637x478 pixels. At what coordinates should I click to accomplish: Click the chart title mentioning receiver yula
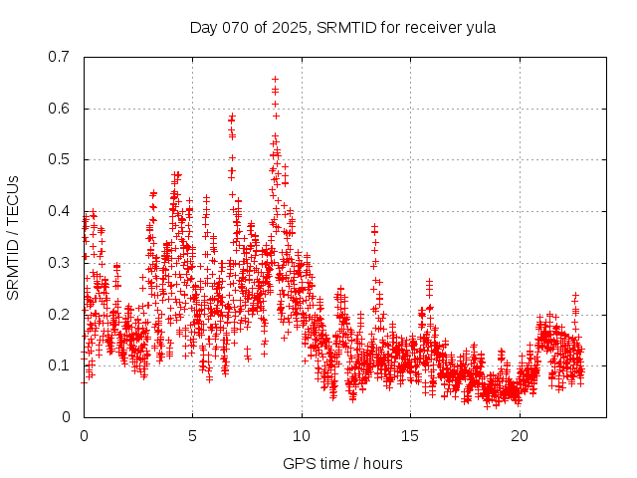tap(342, 27)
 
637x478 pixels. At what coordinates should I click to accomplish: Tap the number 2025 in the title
tap(289, 27)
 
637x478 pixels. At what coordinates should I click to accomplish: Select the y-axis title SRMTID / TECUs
tap(13, 237)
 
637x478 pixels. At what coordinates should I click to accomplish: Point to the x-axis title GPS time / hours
tap(343, 463)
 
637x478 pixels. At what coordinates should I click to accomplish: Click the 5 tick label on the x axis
tap(193, 436)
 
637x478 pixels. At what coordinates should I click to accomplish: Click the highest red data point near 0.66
tap(275, 79)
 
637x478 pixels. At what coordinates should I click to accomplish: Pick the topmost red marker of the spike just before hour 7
tap(232, 117)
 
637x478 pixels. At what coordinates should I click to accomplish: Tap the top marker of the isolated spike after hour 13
tap(374, 226)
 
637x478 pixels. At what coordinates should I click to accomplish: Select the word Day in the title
tap(203, 27)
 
